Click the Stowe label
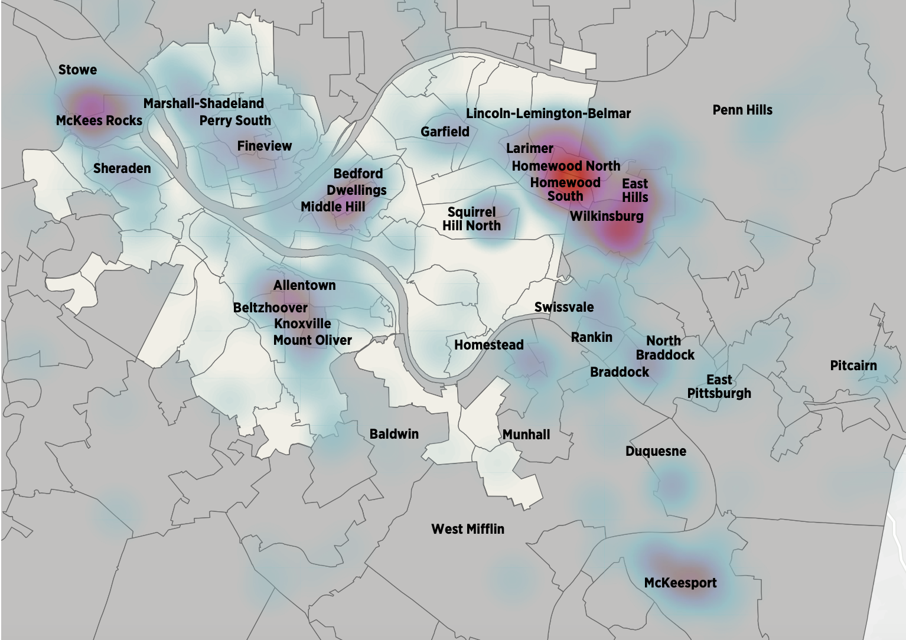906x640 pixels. (77, 70)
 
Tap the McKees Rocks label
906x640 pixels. (99, 120)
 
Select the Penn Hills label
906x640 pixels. (742, 110)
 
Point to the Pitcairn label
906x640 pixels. (853, 365)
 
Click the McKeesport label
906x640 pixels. (680, 583)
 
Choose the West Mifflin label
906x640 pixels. (468, 529)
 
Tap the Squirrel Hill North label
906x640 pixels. (471, 219)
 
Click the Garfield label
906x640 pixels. (445, 132)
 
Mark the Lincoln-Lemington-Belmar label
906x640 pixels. (548, 113)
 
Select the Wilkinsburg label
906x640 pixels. (607, 216)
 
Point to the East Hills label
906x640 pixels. (635, 190)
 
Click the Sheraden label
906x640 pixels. (122, 168)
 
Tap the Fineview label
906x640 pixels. (265, 146)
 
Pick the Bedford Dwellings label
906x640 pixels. (357, 182)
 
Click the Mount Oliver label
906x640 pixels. (312, 340)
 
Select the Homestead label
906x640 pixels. (488, 345)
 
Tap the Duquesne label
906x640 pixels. (656, 451)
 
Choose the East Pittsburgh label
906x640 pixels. (719, 386)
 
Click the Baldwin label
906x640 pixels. (394, 434)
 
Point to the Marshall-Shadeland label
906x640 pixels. (204, 103)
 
